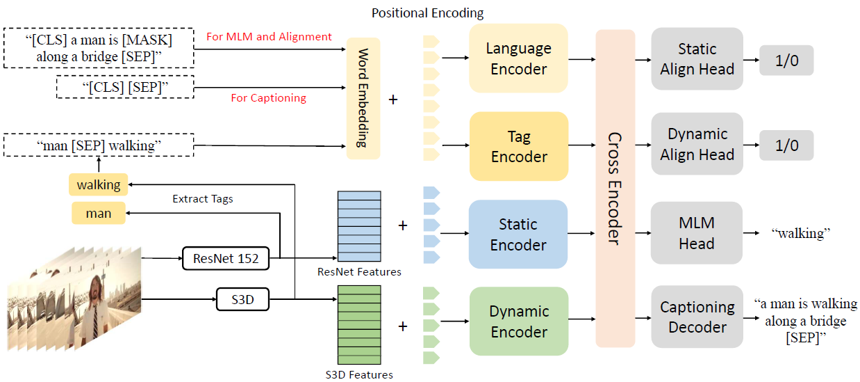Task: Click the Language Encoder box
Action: pyautogui.click(x=518, y=58)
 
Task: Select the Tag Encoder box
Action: pyautogui.click(x=518, y=147)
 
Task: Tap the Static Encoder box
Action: pyautogui.click(x=518, y=234)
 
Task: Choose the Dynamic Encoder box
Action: pyautogui.click(x=518, y=321)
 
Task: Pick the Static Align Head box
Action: pyautogui.click(x=697, y=58)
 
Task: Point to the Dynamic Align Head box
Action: pyautogui.click(x=697, y=145)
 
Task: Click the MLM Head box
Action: pyautogui.click(x=697, y=233)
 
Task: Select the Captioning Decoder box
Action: pyautogui.click(x=697, y=317)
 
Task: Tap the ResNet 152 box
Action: pyautogui.click(x=226, y=259)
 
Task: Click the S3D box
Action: pyautogui.click(x=242, y=301)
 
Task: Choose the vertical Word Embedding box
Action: pyautogui.click(x=363, y=98)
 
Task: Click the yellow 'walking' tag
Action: pyautogui.click(x=99, y=185)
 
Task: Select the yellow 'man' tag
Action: pyautogui.click(x=99, y=213)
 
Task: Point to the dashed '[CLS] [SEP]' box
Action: pyautogui.click(x=125, y=87)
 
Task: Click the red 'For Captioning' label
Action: pyautogui.click(x=268, y=98)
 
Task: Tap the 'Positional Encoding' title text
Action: pyautogui.click(x=427, y=13)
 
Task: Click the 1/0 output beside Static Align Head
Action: pyautogui.click(x=786, y=61)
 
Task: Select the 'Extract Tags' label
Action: pyautogui.click(x=202, y=199)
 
